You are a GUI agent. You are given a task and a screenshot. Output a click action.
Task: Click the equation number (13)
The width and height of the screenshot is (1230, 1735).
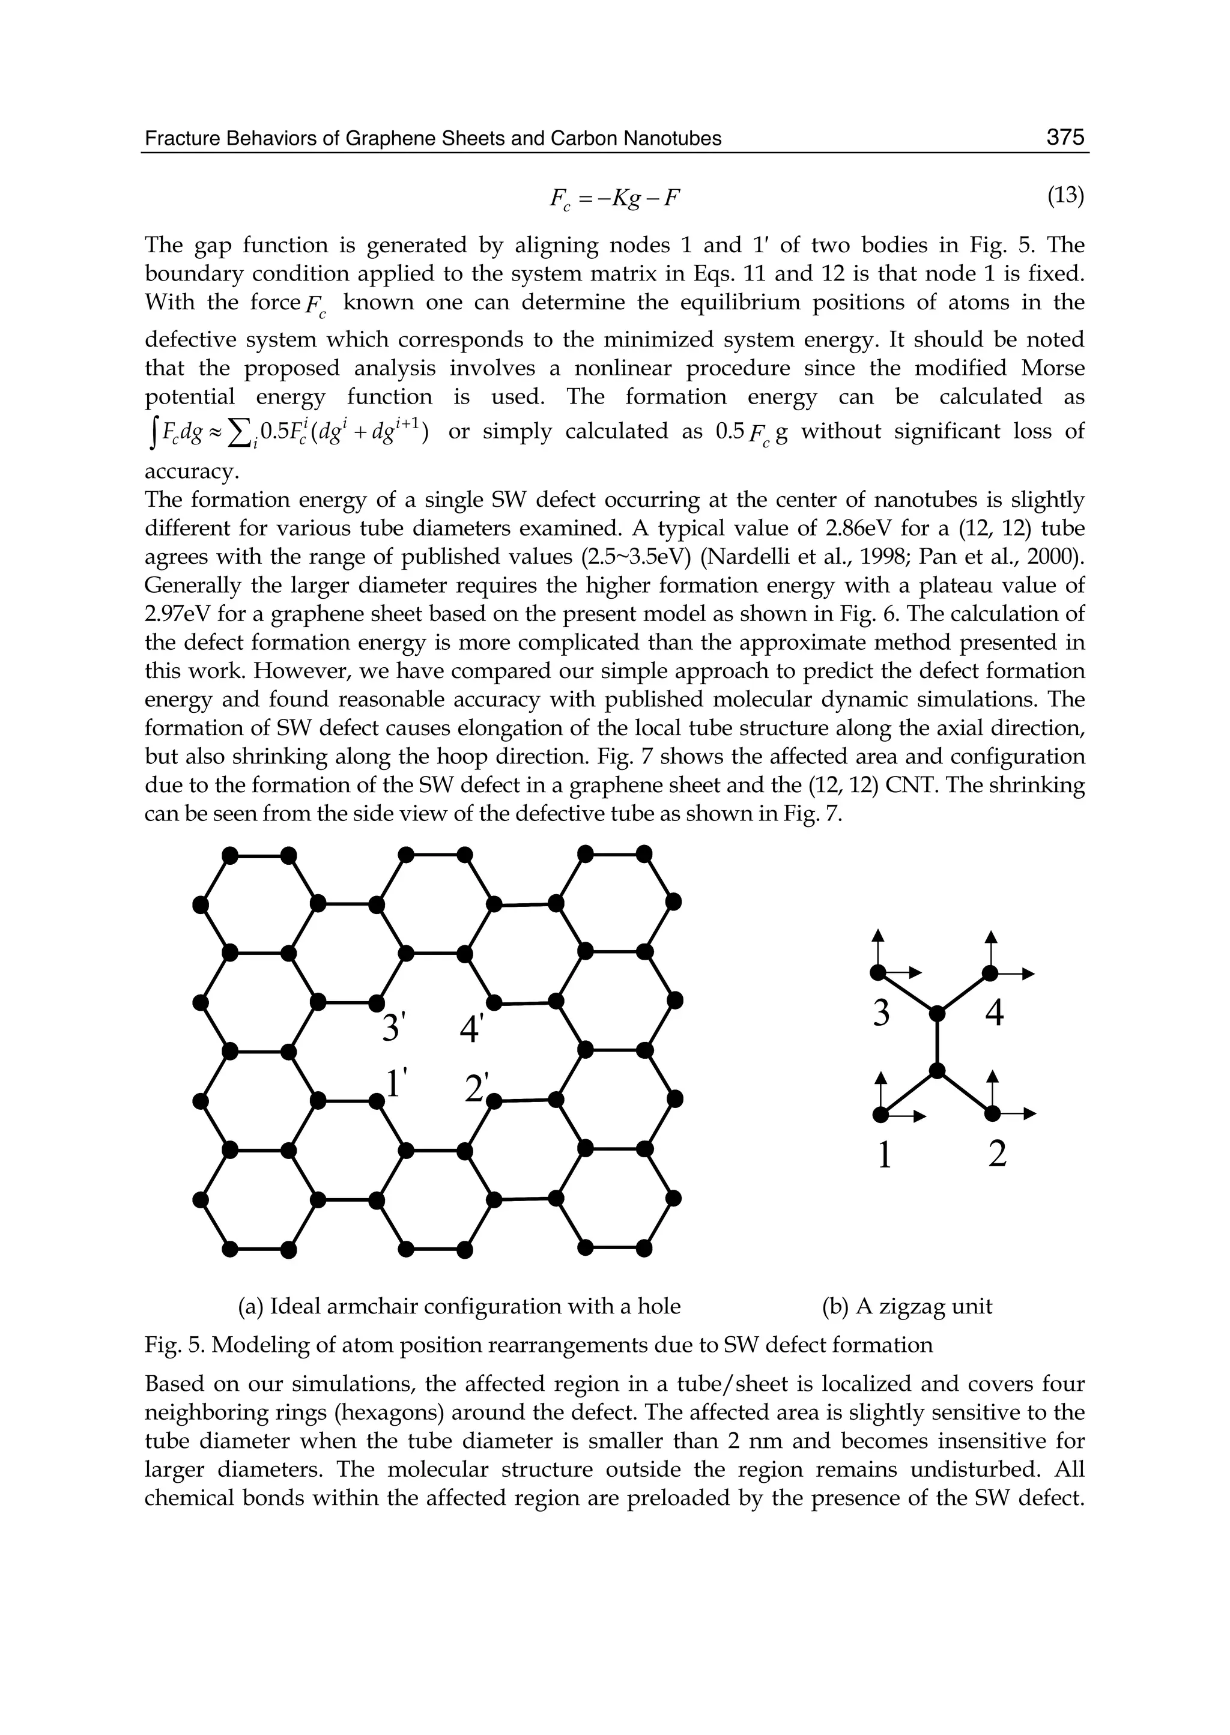pyautogui.click(x=1065, y=196)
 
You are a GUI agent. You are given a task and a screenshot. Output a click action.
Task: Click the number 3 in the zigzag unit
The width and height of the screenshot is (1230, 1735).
pyautogui.click(x=881, y=1013)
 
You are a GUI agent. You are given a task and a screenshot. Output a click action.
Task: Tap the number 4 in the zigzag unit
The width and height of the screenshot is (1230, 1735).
pyautogui.click(x=995, y=1013)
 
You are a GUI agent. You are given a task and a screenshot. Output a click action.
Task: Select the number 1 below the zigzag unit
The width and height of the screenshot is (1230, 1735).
pyautogui.click(x=883, y=1154)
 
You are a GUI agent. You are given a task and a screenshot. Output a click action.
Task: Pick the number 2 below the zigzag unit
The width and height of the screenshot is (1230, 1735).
pyautogui.click(x=998, y=1154)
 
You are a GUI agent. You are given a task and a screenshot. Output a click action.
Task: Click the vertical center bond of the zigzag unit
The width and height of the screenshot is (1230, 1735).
pyautogui.click(x=938, y=1041)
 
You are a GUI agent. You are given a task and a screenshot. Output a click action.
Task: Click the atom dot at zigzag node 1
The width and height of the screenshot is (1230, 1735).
pyautogui.click(x=879, y=1114)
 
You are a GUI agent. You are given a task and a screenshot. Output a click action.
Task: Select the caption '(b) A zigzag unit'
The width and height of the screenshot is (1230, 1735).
pyautogui.click(x=907, y=1306)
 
